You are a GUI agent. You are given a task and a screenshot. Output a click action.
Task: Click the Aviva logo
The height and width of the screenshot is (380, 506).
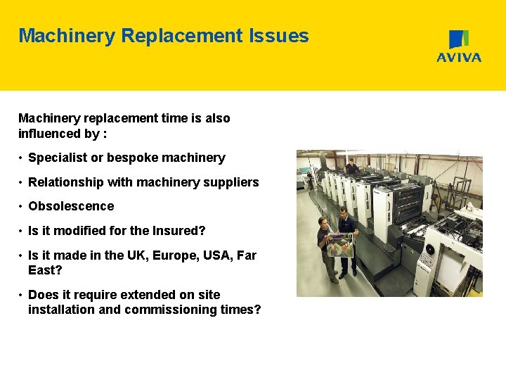[x=459, y=46]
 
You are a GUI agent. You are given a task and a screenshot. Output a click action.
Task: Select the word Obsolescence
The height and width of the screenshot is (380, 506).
[x=70, y=206]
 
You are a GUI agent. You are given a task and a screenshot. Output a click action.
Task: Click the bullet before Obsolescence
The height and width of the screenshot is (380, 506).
[x=21, y=207]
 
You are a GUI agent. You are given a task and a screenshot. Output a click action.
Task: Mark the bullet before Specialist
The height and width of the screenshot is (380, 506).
[x=21, y=158]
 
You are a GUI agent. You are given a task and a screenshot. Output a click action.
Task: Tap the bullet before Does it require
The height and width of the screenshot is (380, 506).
[x=21, y=296]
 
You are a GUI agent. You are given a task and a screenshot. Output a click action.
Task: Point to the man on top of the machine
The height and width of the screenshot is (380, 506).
[x=351, y=166]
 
